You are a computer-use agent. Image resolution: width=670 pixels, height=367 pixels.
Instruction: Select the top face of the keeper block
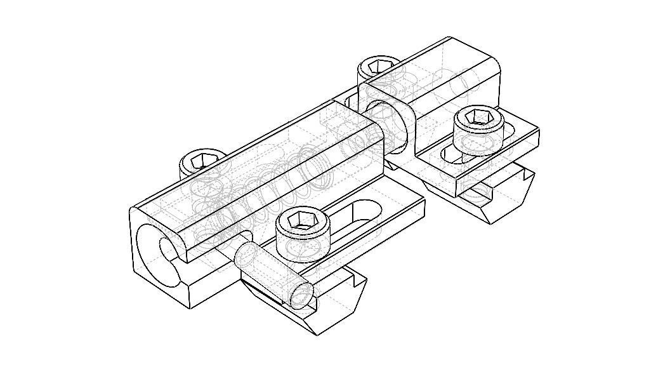[438, 67]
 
